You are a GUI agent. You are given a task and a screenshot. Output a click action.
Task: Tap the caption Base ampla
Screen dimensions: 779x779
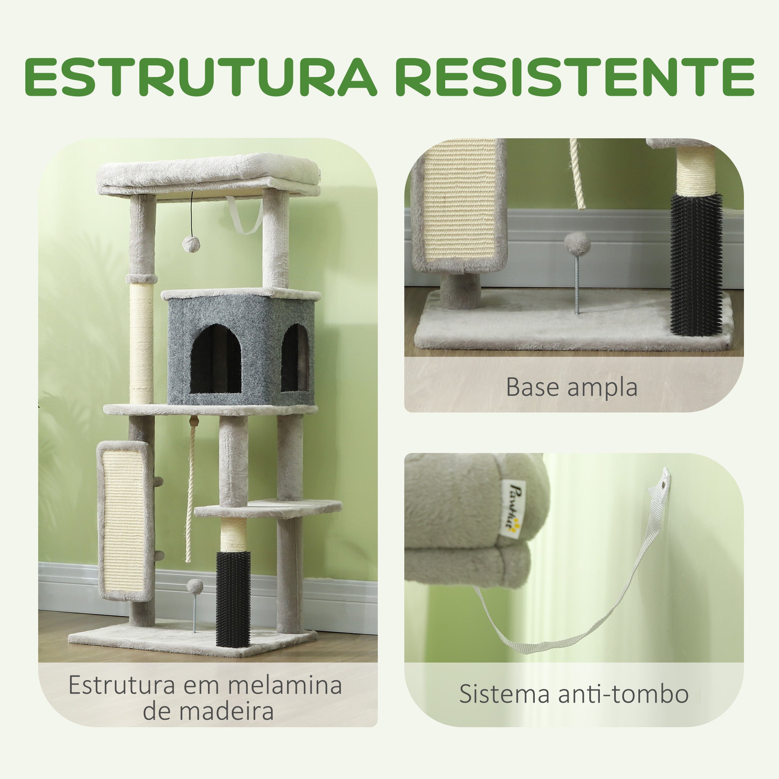[x=572, y=388]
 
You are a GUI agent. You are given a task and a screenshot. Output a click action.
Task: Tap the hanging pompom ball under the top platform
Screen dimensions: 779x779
[x=189, y=244]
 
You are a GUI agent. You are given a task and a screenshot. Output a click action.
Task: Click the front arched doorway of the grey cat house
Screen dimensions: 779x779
[x=215, y=358]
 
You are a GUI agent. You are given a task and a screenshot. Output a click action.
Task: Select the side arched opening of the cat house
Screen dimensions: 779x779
[x=295, y=357]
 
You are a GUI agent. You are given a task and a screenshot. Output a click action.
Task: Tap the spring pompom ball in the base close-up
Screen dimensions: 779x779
[x=577, y=241]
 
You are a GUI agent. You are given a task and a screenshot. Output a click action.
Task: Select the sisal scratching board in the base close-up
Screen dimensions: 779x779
[x=459, y=205]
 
